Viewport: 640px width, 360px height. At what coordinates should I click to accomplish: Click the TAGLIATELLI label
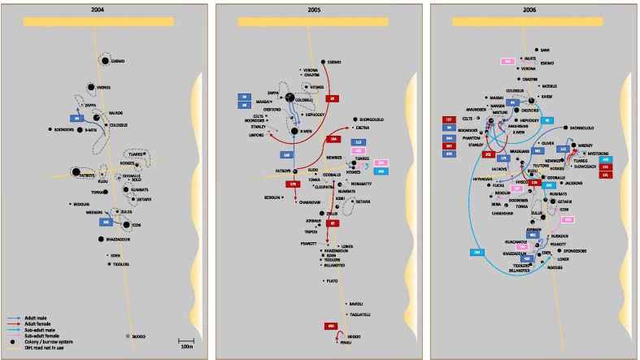pyautogui.click(x=359, y=314)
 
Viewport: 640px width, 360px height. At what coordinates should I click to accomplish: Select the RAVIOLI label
pyautogui.click(x=355, y=304)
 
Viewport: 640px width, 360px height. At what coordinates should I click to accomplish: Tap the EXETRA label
pyautogui.click(x=363, y=128)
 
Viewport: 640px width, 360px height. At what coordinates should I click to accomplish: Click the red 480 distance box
pyautogui.click(x=330, y=326)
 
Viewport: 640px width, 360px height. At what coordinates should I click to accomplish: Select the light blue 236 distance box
pyautogui.click(x=477, y=252)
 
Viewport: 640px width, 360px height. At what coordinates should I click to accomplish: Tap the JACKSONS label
pyautogui.click(x=573, y=183)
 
